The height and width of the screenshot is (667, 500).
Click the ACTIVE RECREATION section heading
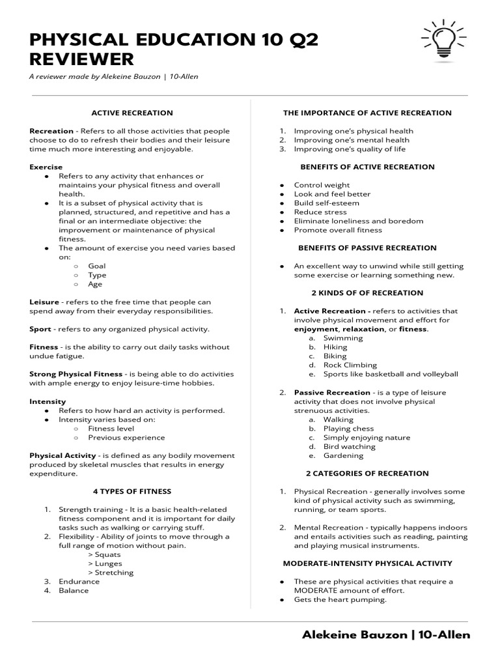(x=132, y=113)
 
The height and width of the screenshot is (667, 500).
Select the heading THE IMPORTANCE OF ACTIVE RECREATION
(x=367, y=113)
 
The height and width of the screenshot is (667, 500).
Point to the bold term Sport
(x=40, y=330)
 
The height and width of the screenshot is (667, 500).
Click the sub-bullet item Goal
(x=97, y=266)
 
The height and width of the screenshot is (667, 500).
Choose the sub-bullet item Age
(x=95, y=284)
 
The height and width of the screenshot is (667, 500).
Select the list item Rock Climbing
(x=350, y=365)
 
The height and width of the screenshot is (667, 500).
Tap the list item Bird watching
(x=350, y=447)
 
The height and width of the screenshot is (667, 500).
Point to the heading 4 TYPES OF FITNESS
(x=132, y=491)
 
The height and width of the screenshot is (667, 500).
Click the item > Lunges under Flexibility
(x=105, y=563)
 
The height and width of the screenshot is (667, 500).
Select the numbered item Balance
(x=74, y=591)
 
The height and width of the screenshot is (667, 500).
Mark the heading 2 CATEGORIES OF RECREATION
(x=367, y=474)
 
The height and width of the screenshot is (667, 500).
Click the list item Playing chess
(x=349, y=429)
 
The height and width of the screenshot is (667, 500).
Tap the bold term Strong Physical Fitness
(x=76, y=375)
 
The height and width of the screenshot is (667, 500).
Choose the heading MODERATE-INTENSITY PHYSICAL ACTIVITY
(x=367, y=563)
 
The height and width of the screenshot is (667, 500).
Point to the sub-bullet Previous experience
(x=120, y=438)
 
